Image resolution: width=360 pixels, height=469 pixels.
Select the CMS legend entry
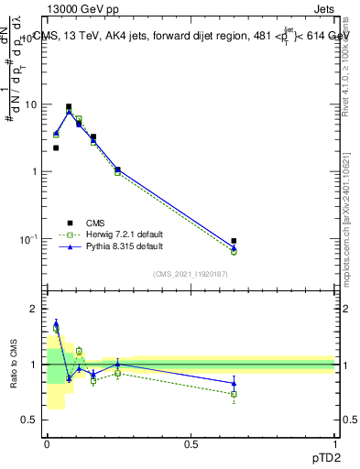[96, 223]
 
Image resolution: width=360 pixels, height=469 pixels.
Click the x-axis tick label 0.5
[191, 444]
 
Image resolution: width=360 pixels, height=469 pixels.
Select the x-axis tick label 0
[47, 444]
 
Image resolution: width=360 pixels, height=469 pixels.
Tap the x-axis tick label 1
[334, 444]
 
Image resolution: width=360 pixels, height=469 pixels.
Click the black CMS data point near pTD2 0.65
[234, 241]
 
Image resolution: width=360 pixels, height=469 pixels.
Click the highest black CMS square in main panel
[69, 106]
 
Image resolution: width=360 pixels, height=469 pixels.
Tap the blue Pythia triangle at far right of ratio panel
[234, 383]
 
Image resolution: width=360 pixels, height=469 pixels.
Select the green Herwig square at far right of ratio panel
[234, 394]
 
